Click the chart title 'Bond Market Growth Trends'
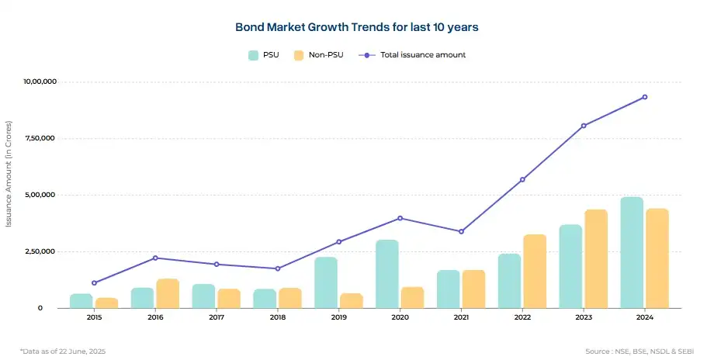(357, 27)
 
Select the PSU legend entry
(264, 55)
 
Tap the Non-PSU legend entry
(318, 55)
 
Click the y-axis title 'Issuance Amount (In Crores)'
(9, 174)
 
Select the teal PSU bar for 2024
(632, 252)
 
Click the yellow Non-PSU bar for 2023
(596, 258)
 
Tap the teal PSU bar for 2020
(387, 274)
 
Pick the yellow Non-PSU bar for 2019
(352, 300)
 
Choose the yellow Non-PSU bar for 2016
(168, 293)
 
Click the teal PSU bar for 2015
(81, 300)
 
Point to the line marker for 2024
(645, 97)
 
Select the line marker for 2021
(461, 231)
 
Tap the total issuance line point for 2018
(278, 268)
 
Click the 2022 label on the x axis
(522, 317)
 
